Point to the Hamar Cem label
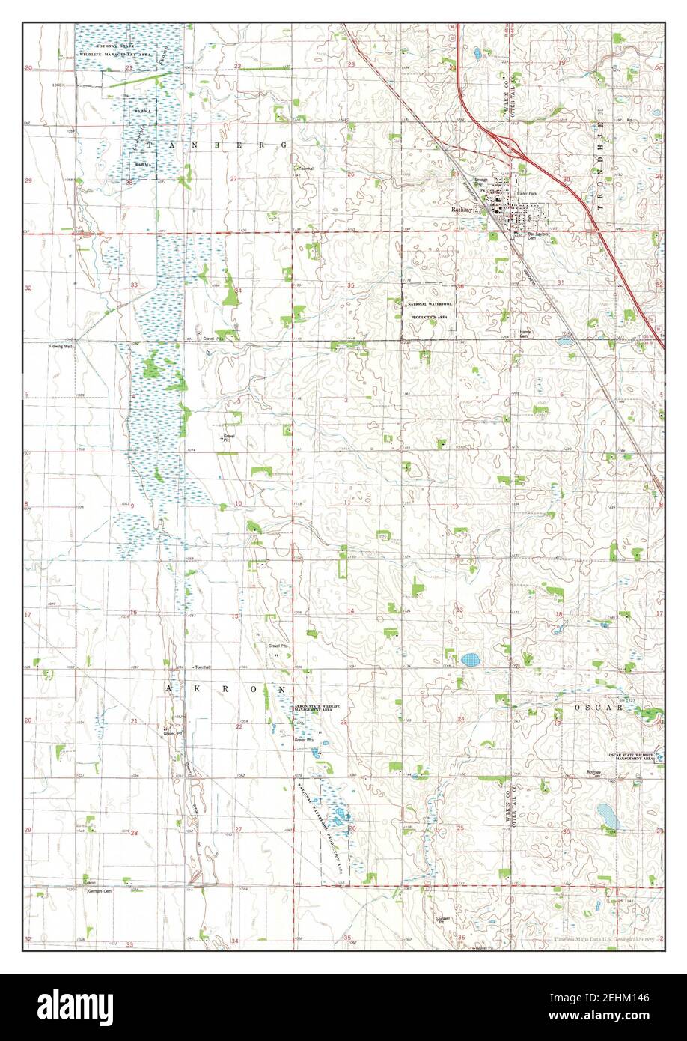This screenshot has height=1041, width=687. click(525, 335)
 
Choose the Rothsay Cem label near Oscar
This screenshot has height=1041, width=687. click(594, 774)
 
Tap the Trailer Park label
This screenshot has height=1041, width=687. click(527, 192)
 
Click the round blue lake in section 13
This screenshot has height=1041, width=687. click(470, 660)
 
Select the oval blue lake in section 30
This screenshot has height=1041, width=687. click(608, 814)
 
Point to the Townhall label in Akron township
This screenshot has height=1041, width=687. click(201, 666)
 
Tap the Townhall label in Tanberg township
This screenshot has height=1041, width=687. click(303, 169)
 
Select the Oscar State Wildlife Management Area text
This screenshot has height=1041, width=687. click(632, 756)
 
